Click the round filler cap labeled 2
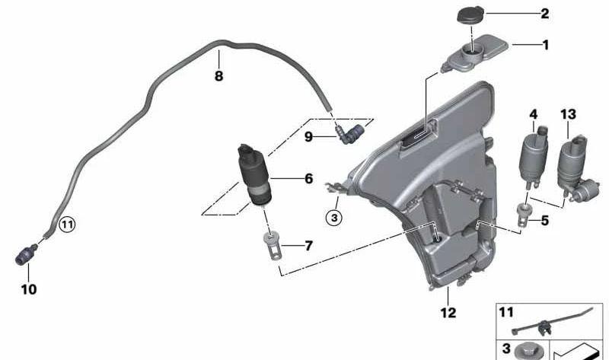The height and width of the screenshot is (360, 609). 470,14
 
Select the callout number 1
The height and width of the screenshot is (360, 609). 546,45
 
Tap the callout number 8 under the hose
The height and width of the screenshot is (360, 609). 218,75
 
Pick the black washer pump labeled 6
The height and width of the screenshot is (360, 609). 254,175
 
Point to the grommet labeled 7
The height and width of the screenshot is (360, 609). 272,244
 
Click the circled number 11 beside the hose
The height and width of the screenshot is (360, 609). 67,225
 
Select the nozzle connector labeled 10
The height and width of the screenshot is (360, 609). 27,254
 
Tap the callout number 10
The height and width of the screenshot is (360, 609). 29,289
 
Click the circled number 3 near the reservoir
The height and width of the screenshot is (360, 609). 334,218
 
